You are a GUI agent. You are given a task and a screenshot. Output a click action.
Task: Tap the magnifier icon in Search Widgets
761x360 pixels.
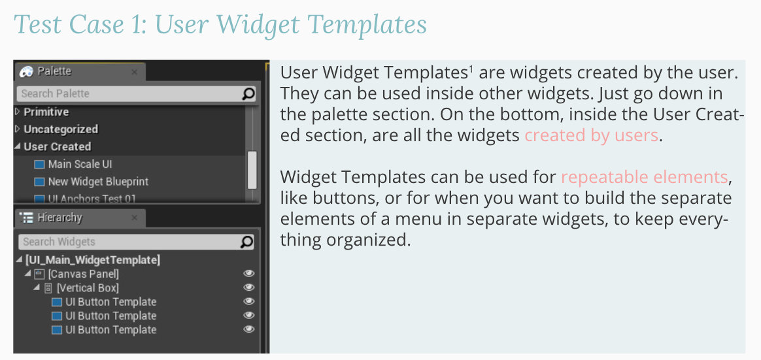coord(247,242)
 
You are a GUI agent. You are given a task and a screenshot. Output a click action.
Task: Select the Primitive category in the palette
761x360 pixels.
coord(46,112)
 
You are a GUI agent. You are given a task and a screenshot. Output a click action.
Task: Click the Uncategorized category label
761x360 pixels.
coord(61,129)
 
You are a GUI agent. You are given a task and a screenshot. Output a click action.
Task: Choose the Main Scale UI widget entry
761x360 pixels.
coord(80,165)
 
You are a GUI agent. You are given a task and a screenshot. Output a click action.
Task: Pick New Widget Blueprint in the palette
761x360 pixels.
coord(98,182)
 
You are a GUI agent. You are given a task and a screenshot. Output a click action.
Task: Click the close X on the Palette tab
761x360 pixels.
coord(135,73)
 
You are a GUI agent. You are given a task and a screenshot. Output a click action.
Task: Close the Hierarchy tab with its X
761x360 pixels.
coord(135,218)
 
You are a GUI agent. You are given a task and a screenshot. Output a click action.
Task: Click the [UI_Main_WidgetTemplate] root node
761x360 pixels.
coord(93,259)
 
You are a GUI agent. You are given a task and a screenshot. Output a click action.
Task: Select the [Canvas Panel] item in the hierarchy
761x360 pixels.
coord(84,274)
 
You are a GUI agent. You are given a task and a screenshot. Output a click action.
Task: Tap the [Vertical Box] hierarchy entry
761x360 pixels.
coord(88,287)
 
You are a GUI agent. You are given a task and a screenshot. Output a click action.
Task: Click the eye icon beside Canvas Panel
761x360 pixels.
coord(249,274)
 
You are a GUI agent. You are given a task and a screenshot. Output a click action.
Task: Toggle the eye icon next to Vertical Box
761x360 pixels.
coord(249,287)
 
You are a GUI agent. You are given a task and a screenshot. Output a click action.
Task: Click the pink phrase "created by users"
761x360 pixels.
coord(591,135)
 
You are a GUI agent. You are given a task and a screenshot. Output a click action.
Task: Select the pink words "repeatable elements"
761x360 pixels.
coord(645,177)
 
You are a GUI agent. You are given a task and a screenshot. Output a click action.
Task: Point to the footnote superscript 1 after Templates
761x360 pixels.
coord(471,69)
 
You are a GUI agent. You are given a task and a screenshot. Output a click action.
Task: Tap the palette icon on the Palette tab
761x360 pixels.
coord(26,72)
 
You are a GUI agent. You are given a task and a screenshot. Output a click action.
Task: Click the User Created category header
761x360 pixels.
coord(58,146)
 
